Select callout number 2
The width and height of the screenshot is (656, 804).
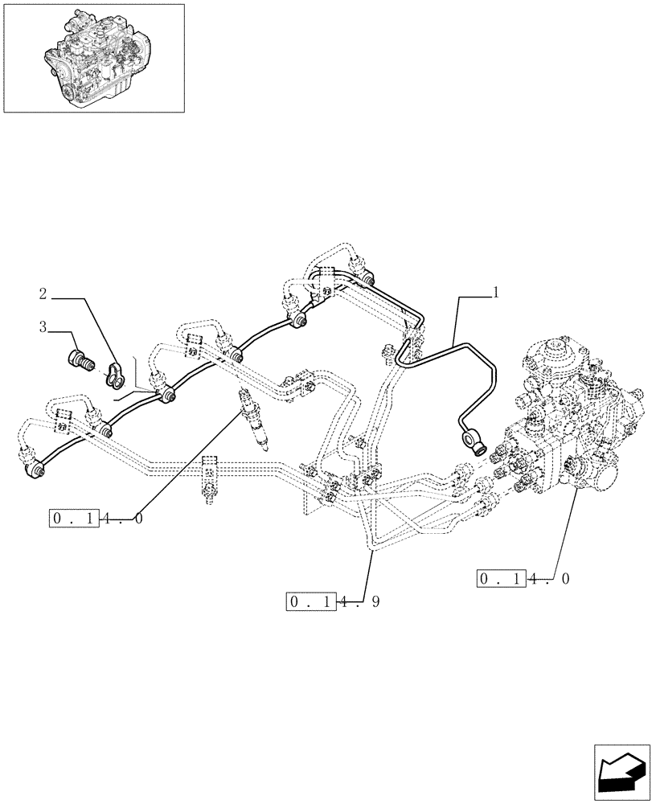coord(43,293)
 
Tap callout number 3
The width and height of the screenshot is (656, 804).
coord(43,326)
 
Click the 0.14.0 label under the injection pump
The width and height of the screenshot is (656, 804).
coord(523,579)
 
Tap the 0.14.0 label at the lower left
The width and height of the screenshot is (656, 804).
coord(96,519)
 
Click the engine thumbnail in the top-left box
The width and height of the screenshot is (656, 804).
coord(93,57)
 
